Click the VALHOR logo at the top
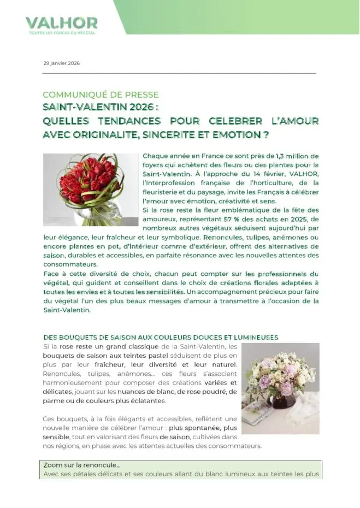coord(61,22)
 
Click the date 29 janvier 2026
coord(61,63)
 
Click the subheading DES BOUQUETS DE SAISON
coord(161,337)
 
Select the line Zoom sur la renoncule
coord(81,465)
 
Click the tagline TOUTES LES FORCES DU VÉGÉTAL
coord(62,33)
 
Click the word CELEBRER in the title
coord(232,120)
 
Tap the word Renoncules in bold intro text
coord(222,238)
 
